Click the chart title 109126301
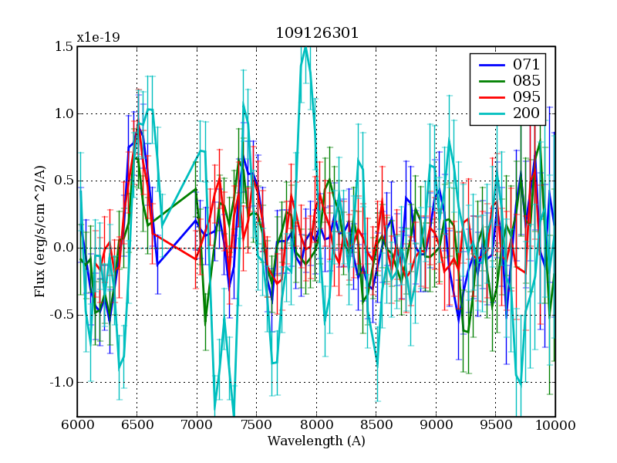pos(316,33)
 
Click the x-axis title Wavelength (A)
pos(316,441)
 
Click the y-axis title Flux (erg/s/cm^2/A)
pos(39,231)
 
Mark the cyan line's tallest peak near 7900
pos(305,49)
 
